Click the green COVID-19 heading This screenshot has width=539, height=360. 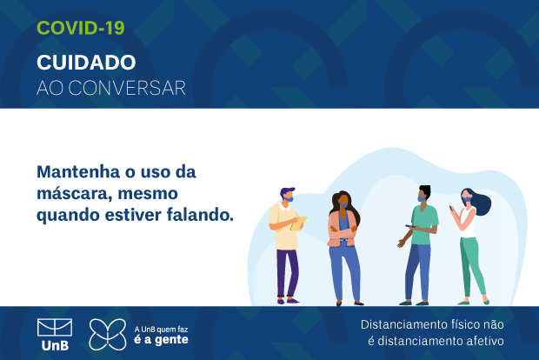(81, 28)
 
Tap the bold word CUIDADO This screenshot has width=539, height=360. (86, 63)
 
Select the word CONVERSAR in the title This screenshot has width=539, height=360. (127, 88)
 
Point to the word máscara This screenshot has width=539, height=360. (75, 194)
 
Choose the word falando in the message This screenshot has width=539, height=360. (200, 215)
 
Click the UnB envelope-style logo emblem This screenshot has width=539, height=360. (55, 327)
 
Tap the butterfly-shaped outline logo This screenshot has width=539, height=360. (108, 335)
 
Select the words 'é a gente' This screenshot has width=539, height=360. (161, 340)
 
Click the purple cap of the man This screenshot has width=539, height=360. (287, 190)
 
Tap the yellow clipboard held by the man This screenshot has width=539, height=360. (298, 223)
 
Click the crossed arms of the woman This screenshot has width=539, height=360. (343, 234)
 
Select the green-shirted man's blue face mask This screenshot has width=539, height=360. (422, 199)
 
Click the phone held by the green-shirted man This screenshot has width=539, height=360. (409, 226)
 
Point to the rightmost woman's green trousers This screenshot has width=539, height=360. (472, 266)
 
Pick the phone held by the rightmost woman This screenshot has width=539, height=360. (451, 208)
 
